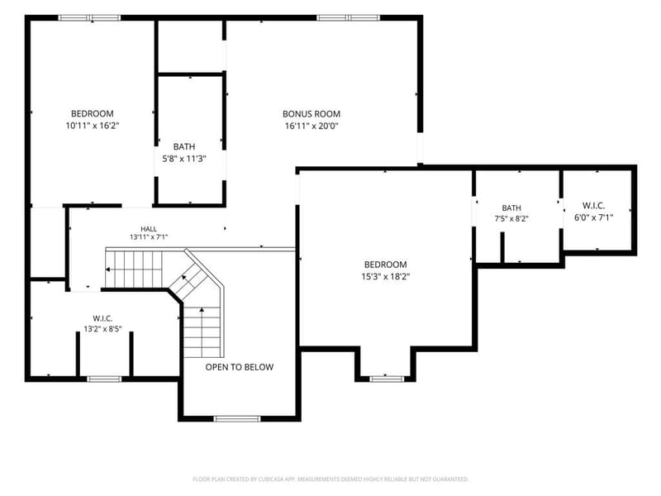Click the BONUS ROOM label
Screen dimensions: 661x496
(311, 114)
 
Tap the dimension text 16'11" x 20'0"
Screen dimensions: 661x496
(311, 126)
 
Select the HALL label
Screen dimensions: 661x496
(149, 229)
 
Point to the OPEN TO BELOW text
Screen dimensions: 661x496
(240, 367)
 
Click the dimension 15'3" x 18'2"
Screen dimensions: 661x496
(386, 277)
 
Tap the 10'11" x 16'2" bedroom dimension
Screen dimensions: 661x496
(93, 126)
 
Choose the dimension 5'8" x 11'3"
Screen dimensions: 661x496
(184, 159)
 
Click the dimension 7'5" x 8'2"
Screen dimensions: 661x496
(511, 219)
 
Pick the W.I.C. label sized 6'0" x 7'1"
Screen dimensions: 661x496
(593, 206)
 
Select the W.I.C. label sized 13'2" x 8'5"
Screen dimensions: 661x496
(102, 318)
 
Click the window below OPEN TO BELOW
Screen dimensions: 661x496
(237, 419)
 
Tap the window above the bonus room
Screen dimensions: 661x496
(348, 17)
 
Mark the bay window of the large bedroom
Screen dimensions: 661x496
(387, 379)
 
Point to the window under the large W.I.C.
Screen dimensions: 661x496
(104, 379)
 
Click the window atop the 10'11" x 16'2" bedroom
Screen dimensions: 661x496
(89, 17)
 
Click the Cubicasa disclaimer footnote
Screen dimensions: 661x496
(330, 479)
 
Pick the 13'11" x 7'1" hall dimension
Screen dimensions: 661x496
(149, 237)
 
